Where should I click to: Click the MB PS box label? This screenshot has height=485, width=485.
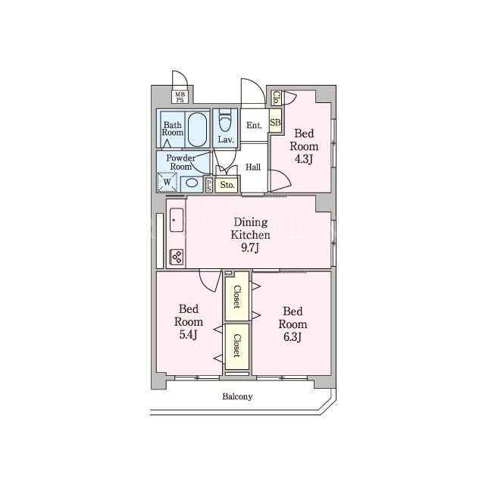180,97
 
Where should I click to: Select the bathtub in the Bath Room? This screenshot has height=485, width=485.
197,129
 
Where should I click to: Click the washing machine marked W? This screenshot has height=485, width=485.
167,183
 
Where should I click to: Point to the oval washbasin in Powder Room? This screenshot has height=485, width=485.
192,183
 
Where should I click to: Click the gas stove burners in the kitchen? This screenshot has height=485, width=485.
177,256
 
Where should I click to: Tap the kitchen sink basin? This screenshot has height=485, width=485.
177,221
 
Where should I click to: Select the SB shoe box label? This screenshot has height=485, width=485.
275,122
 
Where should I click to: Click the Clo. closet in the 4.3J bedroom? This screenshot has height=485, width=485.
277,98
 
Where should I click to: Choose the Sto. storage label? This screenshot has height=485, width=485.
227,185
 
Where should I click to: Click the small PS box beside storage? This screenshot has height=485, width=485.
209,185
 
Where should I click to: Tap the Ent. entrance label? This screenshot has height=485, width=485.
254,125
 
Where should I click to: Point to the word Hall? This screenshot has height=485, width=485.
253,167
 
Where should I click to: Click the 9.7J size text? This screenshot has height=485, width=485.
250,248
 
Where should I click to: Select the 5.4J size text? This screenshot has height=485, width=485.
189,335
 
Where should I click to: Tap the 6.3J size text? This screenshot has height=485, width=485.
293,336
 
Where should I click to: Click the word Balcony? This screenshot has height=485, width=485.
237,396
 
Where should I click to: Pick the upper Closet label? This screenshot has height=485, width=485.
237,296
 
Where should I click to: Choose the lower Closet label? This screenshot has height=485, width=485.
237,346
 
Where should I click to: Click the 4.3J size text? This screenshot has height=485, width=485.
304,159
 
